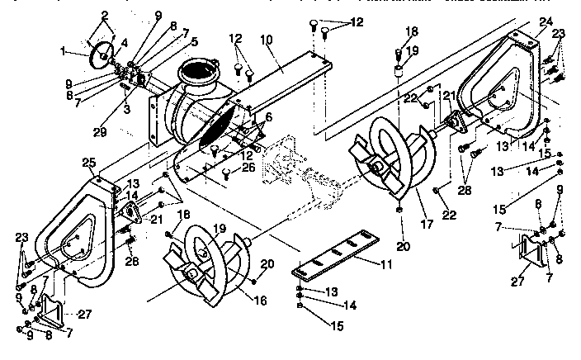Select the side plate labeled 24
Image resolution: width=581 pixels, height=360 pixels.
pos(495,91)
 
